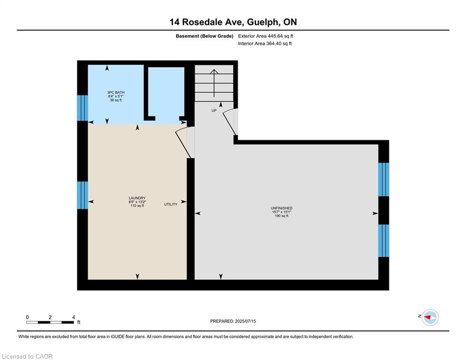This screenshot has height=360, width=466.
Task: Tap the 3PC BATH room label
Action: coord(116,92)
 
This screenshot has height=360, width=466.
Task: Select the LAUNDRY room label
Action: coord(137,198)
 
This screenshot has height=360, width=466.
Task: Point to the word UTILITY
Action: coord(170,204)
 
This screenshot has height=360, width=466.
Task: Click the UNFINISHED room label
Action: coord(281,208)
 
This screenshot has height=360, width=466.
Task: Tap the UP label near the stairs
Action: coord(214,111)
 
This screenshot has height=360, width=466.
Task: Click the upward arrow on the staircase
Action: coord(214,83)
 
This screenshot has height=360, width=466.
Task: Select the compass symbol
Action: coord(430,317)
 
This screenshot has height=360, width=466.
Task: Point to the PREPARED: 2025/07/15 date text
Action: coord(233,321)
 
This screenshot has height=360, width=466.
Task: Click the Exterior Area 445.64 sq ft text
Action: coord(266,36)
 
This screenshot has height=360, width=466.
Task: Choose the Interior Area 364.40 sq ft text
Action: coord(265,44)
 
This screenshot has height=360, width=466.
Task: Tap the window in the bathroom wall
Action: coord(82,108)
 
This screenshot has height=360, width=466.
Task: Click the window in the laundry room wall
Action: coord(82,195)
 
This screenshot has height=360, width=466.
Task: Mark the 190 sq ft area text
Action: coord(281,216)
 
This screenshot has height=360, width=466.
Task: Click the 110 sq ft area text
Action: coord(137,206)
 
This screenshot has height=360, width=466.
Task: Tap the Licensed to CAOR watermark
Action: coord(27,356)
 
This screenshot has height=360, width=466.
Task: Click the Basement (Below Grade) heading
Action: coord(205,36)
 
